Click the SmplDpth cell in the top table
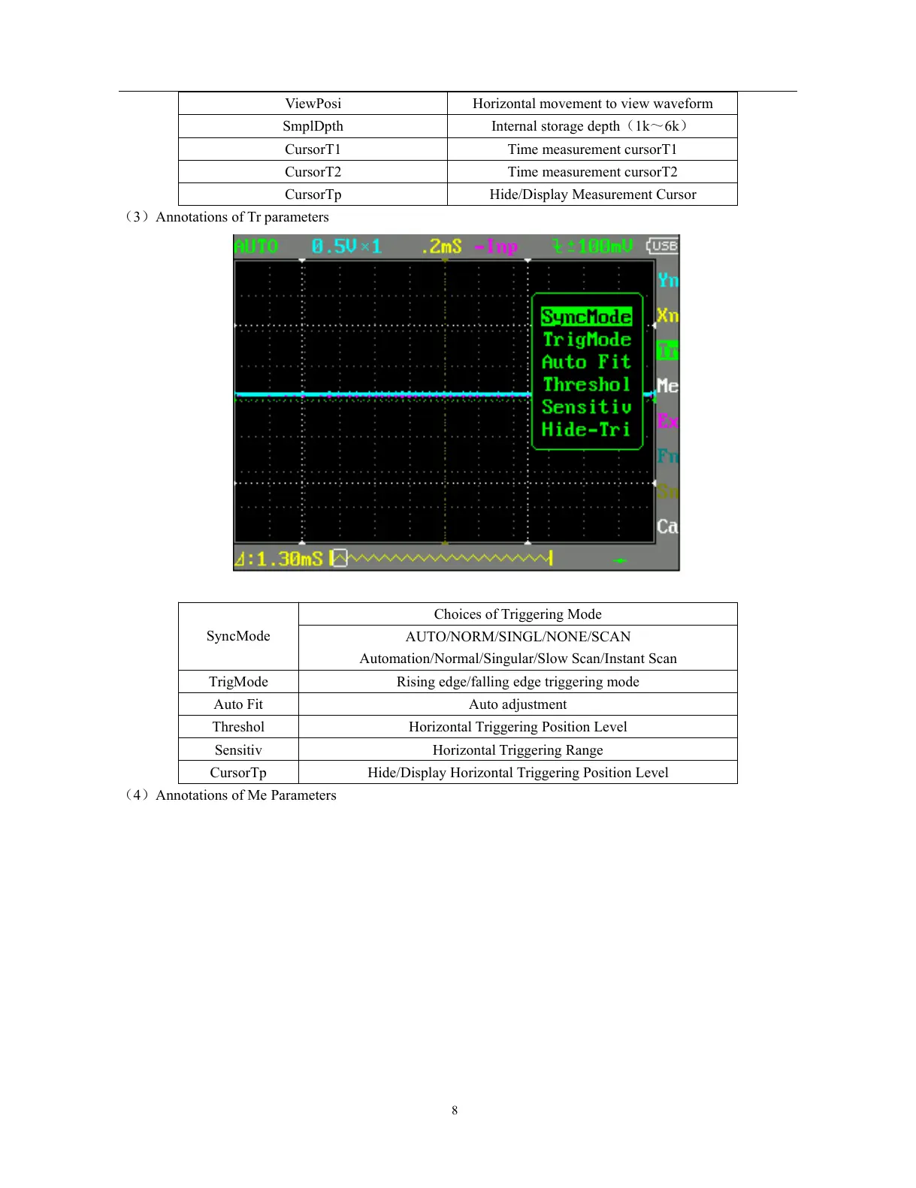click(x=313, y=126)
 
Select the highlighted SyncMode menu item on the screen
click(x=586, y=317)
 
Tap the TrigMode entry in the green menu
click(x=586, y=339)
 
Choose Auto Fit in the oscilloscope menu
click(x=586, y=362)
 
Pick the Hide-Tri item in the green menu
click(x=586, y=430)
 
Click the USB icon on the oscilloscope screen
click(x=663, y=246)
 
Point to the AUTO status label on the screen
click(x=256, y=246)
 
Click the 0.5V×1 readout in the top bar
click(x=346, y=246)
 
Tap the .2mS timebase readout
click(x=441, y=246)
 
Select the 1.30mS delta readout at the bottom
click(x=279, y=559)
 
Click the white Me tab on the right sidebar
click(x=667, y=386)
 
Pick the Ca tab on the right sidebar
click(x=667, y=526)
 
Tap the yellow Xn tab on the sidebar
click(x=667, y=315)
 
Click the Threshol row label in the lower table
click(x=238, y=727)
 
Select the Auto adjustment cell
click(x=518, y=704)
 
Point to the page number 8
click(x=455, y=1110)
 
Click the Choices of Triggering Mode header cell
click(x=518, y=614)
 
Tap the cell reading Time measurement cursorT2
click(x=592, y=172)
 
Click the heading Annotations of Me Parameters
click(x=246, y=795)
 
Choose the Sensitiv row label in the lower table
click(x=238, y=750)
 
